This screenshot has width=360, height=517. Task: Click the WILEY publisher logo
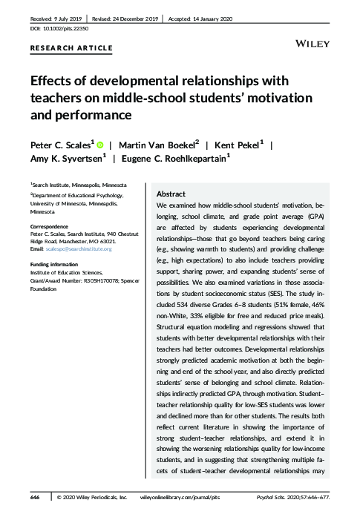[x=312, y=45]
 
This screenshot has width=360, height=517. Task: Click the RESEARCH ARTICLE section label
[x=71, y=48]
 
